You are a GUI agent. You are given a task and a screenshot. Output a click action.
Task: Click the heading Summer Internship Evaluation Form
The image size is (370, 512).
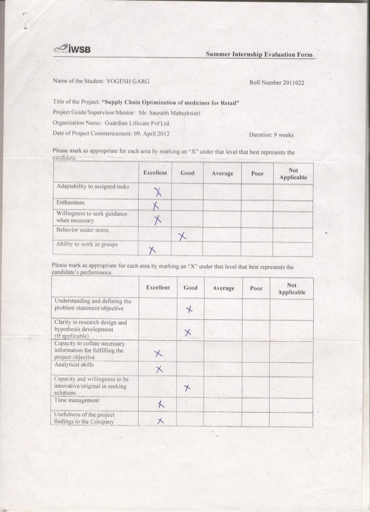(x=259, y=54)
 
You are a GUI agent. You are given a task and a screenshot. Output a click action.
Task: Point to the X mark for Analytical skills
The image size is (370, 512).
(x=157, y=370)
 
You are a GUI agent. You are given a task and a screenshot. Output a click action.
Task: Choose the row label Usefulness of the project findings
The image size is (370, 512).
(x=88, y=419)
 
